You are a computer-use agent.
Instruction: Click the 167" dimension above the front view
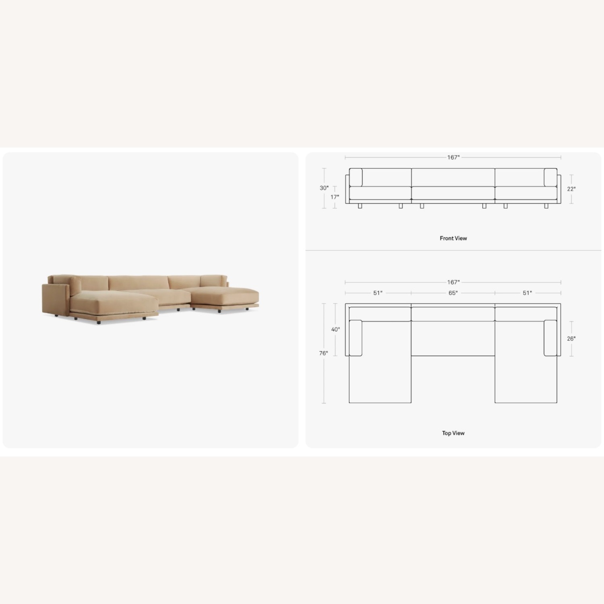[x=453, y=157]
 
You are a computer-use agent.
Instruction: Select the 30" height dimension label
[x=324, y=188]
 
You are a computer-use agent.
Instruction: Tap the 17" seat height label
[x=335, y=197]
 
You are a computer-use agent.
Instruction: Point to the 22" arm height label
[x=571, y=189]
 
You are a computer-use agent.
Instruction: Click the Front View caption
[x=453, y=238]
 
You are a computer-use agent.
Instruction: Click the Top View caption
[x=453, y=433]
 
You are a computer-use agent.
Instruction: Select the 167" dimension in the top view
[x=453, y=283]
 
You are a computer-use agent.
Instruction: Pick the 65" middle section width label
[x=453, y=293]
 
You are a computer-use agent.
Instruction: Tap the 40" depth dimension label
[x=335, y=330]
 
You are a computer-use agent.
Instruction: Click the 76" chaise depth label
[x=324, y=354]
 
